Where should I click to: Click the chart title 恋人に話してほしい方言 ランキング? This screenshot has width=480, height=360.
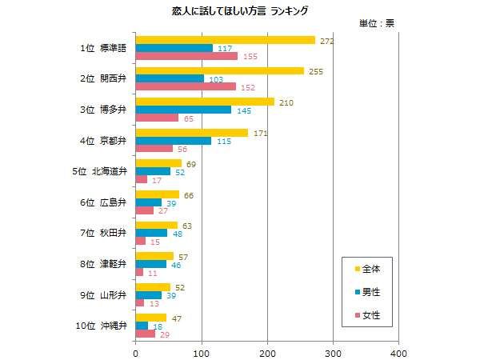240,11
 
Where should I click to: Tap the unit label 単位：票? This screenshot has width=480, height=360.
377,23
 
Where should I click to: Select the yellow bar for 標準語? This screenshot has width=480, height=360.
226,40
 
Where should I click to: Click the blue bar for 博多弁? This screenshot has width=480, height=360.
183,110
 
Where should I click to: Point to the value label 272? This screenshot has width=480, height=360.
326,41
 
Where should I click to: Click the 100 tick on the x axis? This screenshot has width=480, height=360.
202,352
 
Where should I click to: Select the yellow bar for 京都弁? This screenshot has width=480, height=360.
192,132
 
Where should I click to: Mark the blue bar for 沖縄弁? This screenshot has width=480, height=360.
142,326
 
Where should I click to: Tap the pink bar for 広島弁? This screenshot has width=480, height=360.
145,210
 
